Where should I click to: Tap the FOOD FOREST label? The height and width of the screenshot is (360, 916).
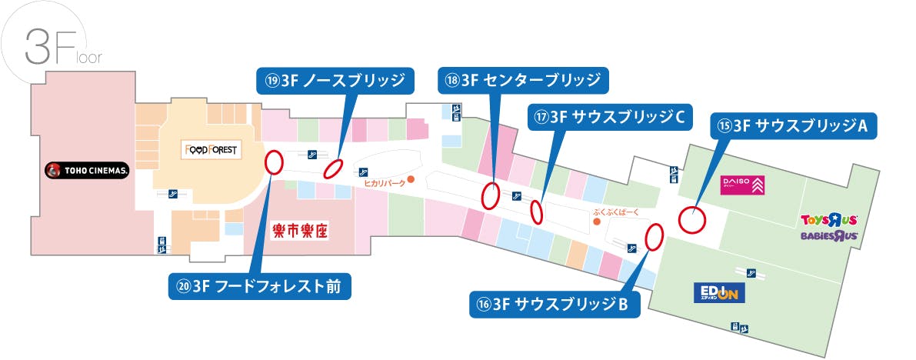(209, 149)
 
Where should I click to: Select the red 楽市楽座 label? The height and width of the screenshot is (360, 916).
(301, 231)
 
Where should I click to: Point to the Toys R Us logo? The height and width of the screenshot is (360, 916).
(829, 221)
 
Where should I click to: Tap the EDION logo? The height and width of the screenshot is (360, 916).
(716, 294)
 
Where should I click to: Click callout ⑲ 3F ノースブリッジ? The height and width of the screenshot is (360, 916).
(335, 80)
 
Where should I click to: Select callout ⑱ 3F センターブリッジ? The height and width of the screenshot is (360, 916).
(523, 80)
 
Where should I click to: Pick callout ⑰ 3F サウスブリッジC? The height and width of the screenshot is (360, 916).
(610, 117)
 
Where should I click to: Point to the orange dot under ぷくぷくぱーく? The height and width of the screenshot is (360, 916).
(597, 222)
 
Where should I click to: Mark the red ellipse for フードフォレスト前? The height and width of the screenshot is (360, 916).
(273, 162)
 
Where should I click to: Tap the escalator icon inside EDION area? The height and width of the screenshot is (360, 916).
(750, 271)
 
